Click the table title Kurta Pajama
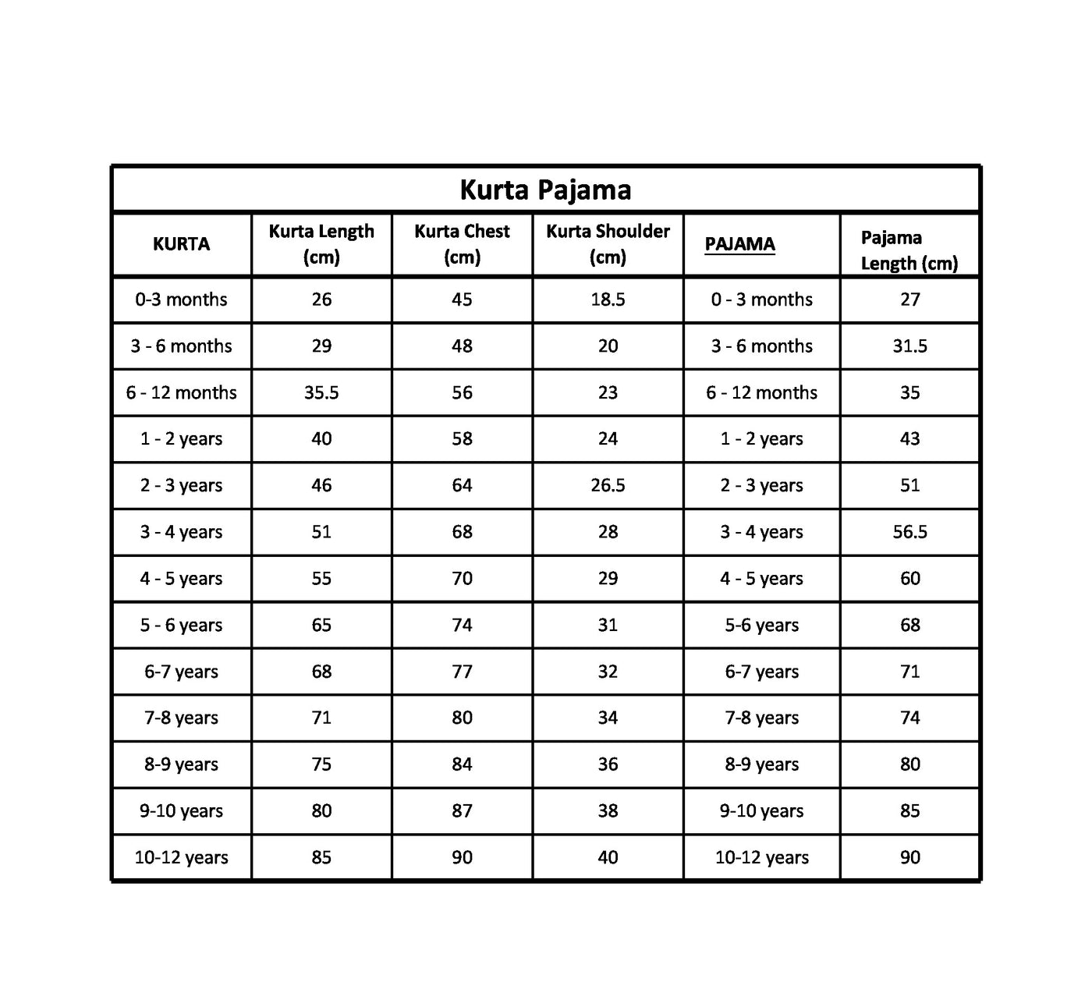tap(545, 190)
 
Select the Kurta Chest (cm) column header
tap(462, 243)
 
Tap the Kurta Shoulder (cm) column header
tap(608, 243)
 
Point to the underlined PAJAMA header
tap(739, 244)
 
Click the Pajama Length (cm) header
tap(909, 250)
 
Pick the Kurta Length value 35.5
tap(321, 392)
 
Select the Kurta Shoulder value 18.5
tap(608, 300)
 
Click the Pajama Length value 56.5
tap(909, 532)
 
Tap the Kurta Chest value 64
tap(462, 485)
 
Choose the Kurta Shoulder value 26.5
tap(608, 485)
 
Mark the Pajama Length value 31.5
tap(909, 346)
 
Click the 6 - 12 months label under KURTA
tap(181, 392)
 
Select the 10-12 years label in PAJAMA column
tap(761, 857)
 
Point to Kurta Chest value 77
tap(462, 672)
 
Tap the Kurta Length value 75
tap(321, 764)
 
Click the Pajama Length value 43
tap(909, 438)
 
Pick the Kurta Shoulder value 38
tap(608, 810)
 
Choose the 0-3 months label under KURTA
tap(181, 300)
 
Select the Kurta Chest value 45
tap(462, 300)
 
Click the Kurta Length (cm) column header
tap(321, 243)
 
